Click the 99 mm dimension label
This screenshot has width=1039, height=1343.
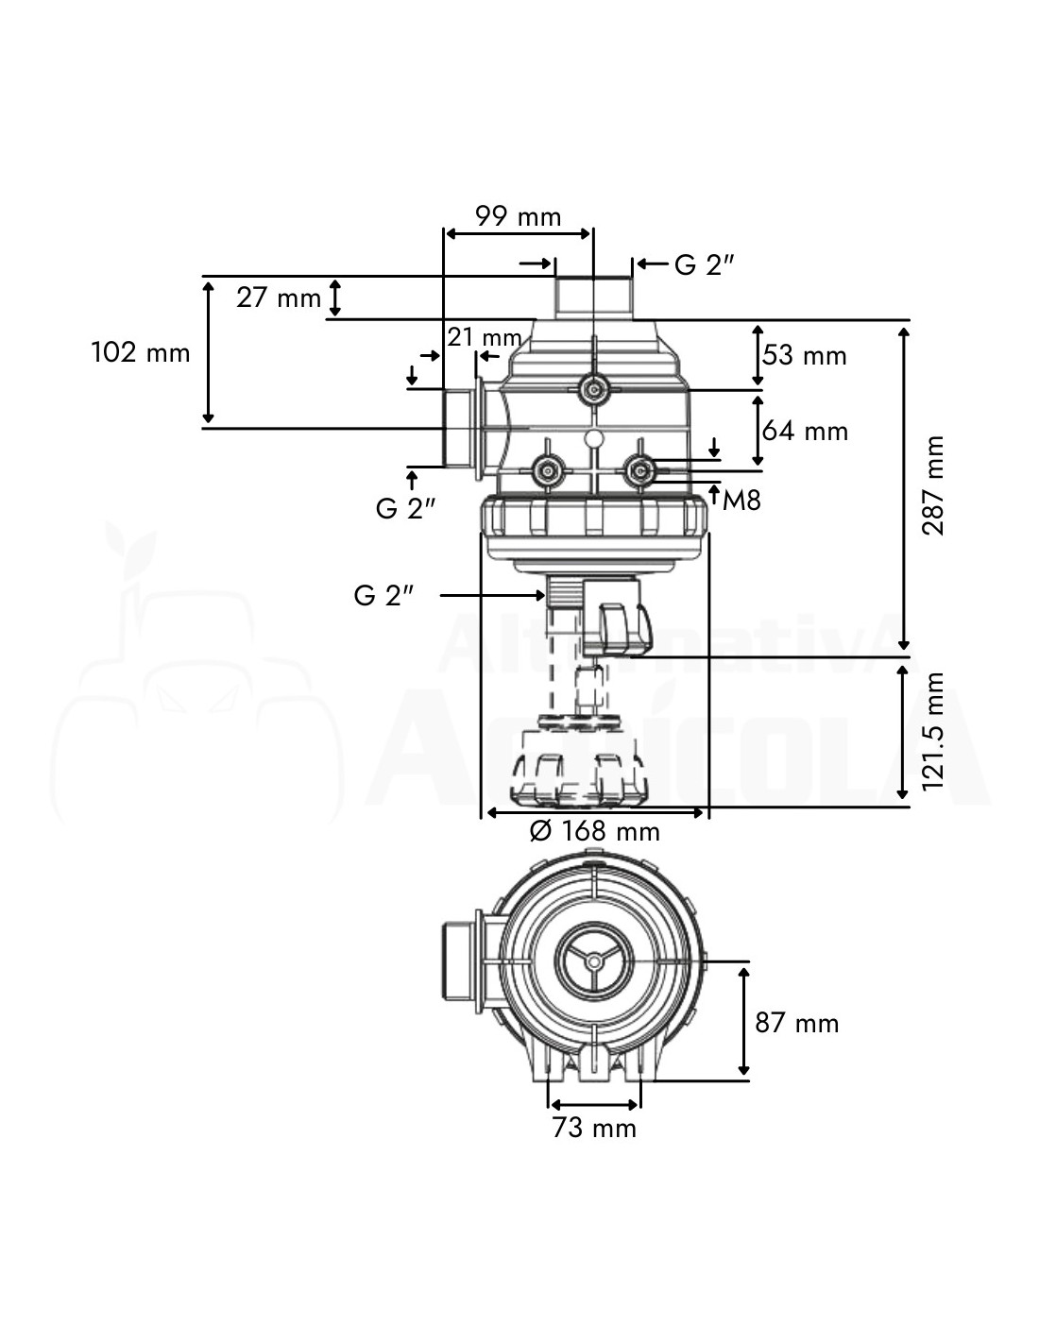pos(518,216)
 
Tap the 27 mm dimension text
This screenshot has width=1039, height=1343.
pos(279,297)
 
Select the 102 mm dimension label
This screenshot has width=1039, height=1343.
pos(140,353)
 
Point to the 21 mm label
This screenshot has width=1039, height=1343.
pos(485,337)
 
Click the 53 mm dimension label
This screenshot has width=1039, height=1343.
pos(804,355)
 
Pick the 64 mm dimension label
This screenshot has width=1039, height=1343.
pos(805,431)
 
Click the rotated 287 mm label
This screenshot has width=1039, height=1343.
pos(933,485)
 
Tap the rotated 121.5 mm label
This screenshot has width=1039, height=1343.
pos(933,731)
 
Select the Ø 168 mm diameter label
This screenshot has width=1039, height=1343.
pos(594,831)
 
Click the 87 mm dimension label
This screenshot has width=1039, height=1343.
pos(796,1023)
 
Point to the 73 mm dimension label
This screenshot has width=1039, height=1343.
pos(594,1127)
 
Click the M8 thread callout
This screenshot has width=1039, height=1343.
pos(741,500)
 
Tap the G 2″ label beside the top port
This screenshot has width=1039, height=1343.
pos(705,265)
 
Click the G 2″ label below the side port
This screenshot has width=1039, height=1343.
pos(405,508)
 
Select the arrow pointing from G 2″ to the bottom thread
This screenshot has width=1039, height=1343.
pos(491,595)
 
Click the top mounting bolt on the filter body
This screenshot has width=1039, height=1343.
pos(594,388)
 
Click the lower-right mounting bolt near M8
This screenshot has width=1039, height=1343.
pos(640,467)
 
